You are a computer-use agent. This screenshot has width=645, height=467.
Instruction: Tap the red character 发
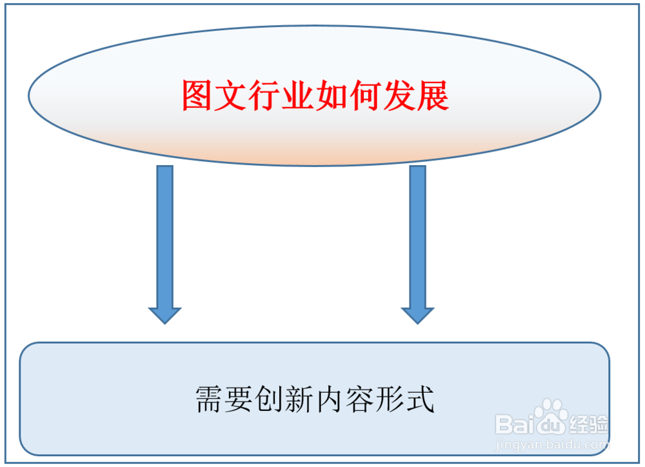pyautogui.click(x=399, y=97)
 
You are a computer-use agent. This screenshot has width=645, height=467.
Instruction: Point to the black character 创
pyautogui.click(x=270, y=399)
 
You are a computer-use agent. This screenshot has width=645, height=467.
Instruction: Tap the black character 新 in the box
pyautogui.click(x=301, y=399)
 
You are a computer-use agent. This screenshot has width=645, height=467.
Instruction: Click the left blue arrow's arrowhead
pyautogui.click(x=165, y=313)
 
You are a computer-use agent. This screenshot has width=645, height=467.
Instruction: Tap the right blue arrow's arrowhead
pyautogui.click(x=418, y=313)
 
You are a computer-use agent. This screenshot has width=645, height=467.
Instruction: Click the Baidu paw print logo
pyautogui.click(x=550, y=419)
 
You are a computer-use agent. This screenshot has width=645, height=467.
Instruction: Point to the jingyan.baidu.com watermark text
pyautogui.click(x=552, y=444)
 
